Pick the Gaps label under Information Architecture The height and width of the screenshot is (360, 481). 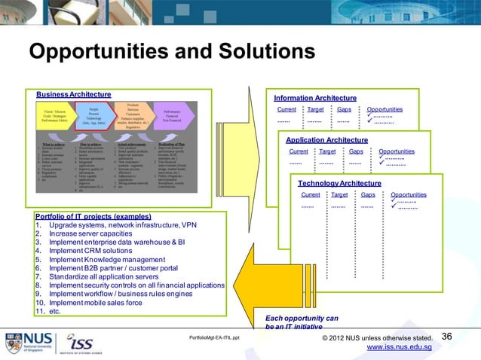pos(344,109)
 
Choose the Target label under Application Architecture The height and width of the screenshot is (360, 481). pos(327,151)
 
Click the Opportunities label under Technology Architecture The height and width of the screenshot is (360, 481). pos(409,194)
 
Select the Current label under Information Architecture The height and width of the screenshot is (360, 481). pos(286,109)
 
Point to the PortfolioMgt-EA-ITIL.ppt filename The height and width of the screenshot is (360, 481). pos(214,338)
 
